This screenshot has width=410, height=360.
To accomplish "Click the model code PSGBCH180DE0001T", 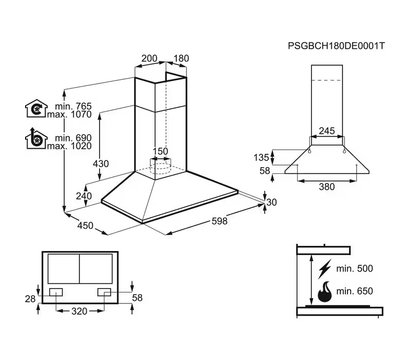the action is (x=336, y=46).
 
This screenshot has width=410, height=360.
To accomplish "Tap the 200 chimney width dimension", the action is (x=149, y=58).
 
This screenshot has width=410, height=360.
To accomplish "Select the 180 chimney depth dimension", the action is (x=181, y=58).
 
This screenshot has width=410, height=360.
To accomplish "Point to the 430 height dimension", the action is (x=101, y=164).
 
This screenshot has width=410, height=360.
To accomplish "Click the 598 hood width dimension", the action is (x=219, y=221).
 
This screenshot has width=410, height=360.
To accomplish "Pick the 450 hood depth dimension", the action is (x=85, y=226).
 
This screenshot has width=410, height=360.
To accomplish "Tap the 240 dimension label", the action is (x=84, y=196).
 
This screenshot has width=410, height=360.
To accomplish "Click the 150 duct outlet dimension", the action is (x=160, y=151).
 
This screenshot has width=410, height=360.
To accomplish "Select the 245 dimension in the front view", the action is (x=327, y=131).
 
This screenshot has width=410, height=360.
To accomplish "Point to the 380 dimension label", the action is (x=327, y=187).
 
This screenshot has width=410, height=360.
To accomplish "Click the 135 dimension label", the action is (x=261, y=157).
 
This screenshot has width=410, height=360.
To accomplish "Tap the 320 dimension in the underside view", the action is (x=80, y=311).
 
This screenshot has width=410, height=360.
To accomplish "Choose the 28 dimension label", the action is (x=30, y=299).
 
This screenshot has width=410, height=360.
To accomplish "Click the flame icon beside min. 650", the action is (x=324, y=292).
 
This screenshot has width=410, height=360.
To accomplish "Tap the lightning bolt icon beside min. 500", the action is (x=324, y=269).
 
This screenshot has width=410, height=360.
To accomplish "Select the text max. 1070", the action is (x=69, y=114).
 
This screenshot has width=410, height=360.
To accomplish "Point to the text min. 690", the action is (x=73, y=138).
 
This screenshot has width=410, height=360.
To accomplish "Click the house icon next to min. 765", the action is (x=36, y=108).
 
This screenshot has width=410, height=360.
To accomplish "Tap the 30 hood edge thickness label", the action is (x=272, y=202).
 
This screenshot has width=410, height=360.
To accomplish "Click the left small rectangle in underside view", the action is (x=56, y=292).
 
